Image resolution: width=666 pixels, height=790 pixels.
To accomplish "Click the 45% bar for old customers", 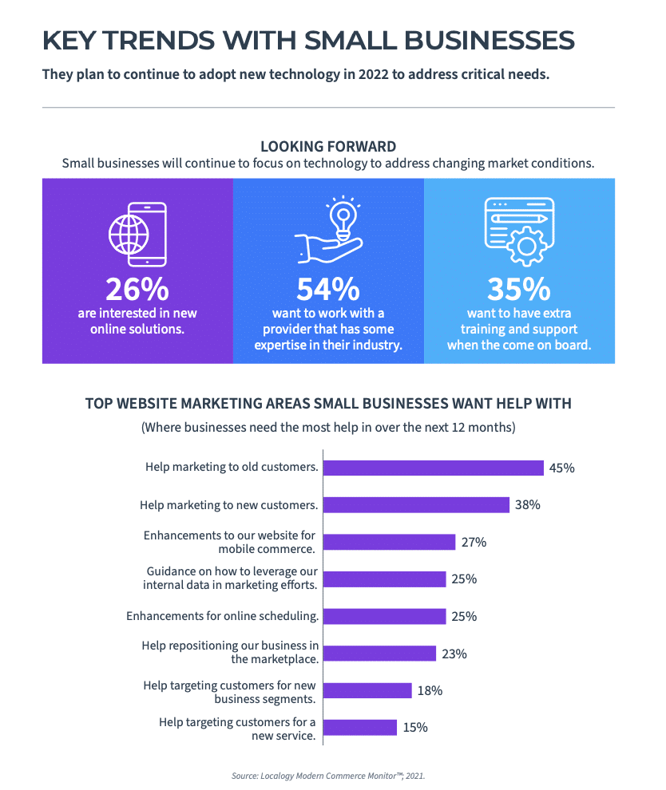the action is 434,468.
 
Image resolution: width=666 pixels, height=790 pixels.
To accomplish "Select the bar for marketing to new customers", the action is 416,505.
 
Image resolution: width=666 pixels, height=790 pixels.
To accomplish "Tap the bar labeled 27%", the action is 389,542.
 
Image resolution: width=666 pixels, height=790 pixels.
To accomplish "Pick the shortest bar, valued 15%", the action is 360,728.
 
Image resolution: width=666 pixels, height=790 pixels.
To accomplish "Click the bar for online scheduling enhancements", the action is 385,616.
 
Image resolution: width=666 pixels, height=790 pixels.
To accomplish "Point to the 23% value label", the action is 454,654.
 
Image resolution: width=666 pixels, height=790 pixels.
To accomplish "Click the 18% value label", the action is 430,691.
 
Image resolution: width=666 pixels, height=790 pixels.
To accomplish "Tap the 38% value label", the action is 527,505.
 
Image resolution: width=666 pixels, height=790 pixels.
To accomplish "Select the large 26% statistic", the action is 137,289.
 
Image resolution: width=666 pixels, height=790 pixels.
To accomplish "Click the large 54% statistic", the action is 328,289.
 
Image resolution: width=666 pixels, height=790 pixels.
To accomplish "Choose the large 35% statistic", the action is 519,289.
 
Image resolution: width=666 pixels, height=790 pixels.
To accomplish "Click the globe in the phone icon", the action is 129,235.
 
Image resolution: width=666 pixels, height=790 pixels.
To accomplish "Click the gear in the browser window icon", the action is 526,247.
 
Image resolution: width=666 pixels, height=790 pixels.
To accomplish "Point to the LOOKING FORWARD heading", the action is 328,147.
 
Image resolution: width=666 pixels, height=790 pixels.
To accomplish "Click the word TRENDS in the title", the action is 158,41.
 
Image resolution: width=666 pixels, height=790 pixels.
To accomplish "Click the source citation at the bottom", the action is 328,776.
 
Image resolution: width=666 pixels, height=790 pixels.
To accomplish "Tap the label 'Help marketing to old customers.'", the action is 232,467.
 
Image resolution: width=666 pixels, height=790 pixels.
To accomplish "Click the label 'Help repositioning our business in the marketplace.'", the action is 230,653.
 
